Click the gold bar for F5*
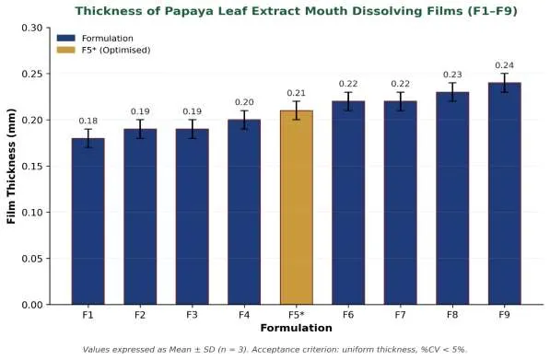click(297, 207)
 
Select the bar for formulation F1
click(88, 221)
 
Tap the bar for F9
click(505, 193)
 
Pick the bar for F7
click(400, 203)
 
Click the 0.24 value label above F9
click(505, 65)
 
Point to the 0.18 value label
click(88, 121)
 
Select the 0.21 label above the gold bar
click(297, 93)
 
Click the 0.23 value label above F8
click(452, 75)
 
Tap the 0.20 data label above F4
click(244, 102)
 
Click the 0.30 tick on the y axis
click(32, 28)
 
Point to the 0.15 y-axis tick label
click(32, 166)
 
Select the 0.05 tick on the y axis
click(32, 259)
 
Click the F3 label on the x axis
click(193, 315)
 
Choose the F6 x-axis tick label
click(348, 315)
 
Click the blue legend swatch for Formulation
click(66, 38)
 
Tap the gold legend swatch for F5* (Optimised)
click(66, 50)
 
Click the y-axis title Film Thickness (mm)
click(11, 166)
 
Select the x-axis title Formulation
click(297, 328)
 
